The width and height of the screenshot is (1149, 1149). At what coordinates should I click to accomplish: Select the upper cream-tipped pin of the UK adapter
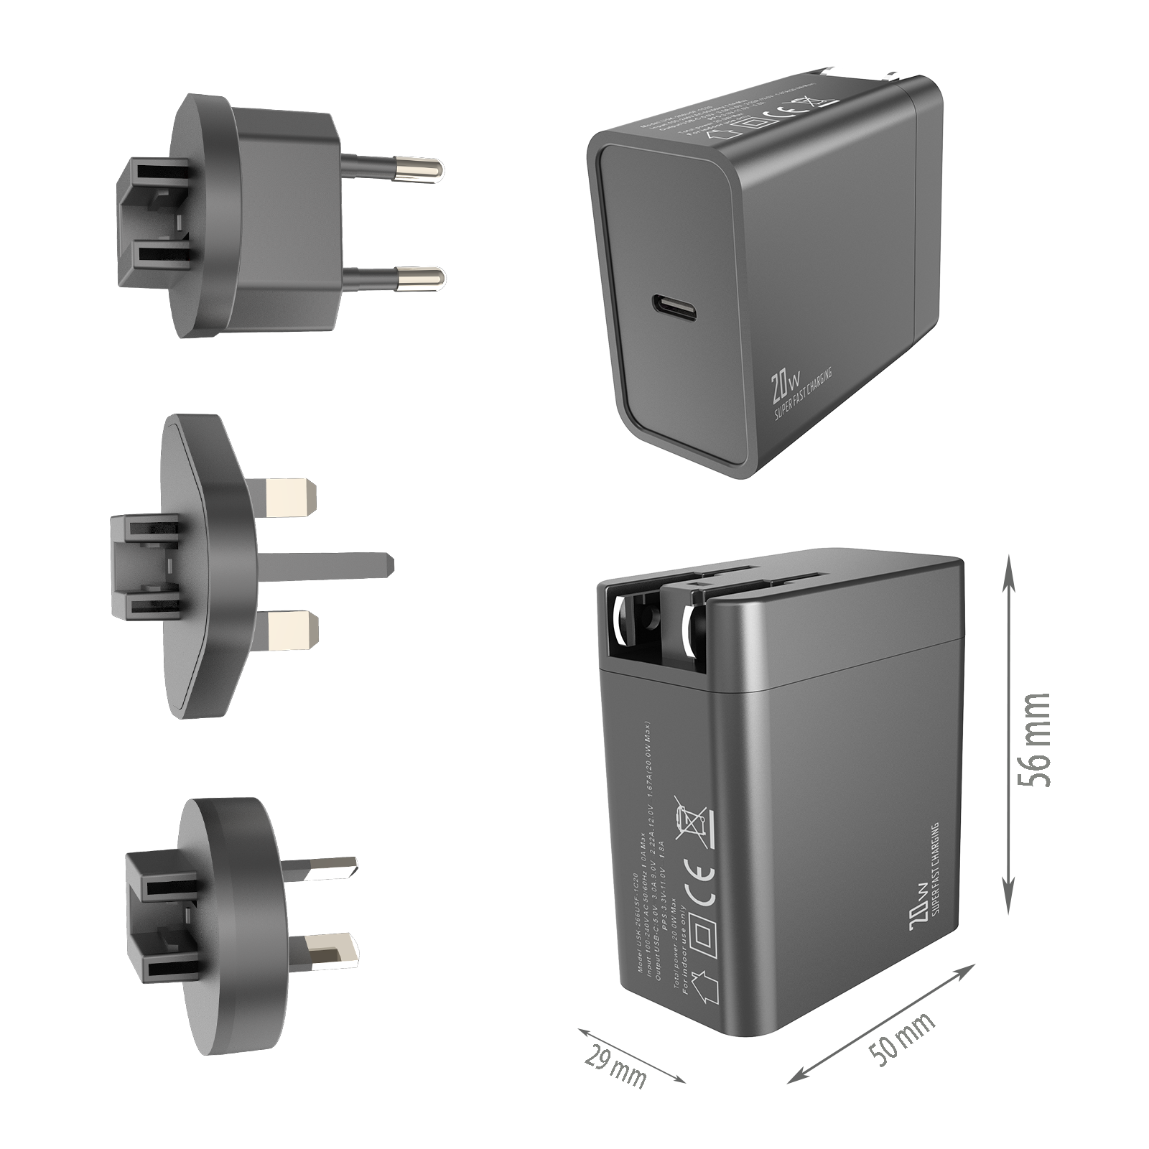[291, 496]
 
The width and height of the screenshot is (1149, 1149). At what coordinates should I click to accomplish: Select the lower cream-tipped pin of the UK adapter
[291, 628]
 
